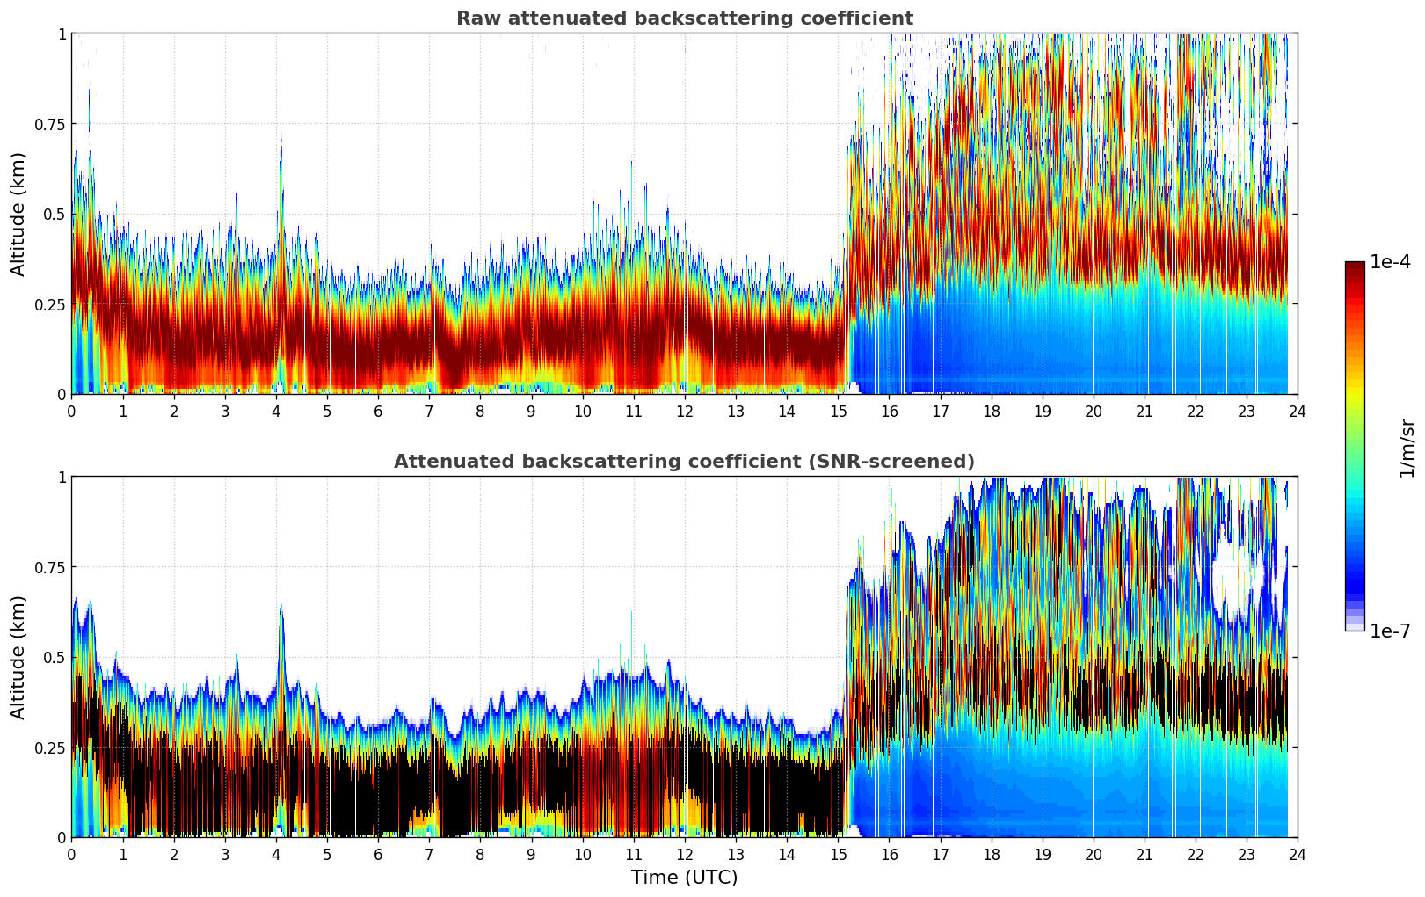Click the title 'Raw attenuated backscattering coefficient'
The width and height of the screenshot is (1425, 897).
[684, 18]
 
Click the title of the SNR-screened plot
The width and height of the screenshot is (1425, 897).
[684, 462]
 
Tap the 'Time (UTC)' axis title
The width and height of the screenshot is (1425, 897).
[684, 878]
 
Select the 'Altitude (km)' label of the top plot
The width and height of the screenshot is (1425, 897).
[18, 214]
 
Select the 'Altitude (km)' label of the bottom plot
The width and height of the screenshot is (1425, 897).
[18, 657]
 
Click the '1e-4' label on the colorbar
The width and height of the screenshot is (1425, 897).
[1390, 262]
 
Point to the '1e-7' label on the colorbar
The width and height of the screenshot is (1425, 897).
[1390, 631]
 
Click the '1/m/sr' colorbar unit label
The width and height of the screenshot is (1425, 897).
[1407, 448]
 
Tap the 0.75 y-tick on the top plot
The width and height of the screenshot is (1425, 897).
[49, 125]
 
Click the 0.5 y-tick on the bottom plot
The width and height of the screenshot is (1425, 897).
[55, 658]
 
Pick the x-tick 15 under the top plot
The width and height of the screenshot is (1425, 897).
[838, 411]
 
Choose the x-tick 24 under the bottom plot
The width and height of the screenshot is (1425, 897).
[1298, 854]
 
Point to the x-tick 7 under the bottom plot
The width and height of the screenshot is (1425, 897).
[429, 854]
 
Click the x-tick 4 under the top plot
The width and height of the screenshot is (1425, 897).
[276, 411]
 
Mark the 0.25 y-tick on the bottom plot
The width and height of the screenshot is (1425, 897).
[49, 748]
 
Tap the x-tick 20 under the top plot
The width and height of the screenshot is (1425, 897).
[1093, 411]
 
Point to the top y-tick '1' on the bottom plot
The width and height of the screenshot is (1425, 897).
[62, 478]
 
